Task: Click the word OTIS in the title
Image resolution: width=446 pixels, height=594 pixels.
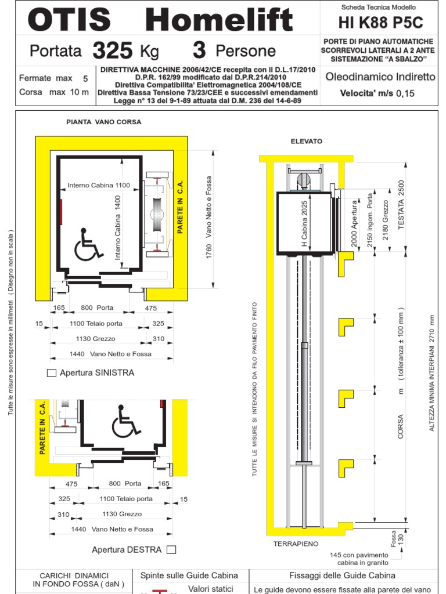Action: tap(69, 20)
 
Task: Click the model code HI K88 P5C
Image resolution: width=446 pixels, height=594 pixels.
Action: tap(380, 23)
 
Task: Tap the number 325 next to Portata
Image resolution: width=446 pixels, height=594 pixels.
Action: tap(112, 51)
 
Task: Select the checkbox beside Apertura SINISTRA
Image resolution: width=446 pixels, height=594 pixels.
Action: tap(52, 373)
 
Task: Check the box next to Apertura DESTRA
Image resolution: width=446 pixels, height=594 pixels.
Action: tap(171, 549)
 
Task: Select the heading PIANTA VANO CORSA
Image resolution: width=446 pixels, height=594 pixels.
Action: tap(104, 122)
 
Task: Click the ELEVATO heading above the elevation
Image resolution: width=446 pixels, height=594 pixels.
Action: tap(306, 141)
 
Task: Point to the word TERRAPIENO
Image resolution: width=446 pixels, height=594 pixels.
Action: tap(296, 544)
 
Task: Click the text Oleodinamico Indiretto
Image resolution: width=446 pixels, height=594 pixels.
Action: tap(380, 77)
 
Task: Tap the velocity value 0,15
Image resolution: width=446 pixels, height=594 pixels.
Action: tap(405, 93)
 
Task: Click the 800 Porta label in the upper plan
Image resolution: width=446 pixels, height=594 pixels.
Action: tap(98, 307)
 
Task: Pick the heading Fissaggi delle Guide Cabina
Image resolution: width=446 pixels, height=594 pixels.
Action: tap(342, 575)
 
